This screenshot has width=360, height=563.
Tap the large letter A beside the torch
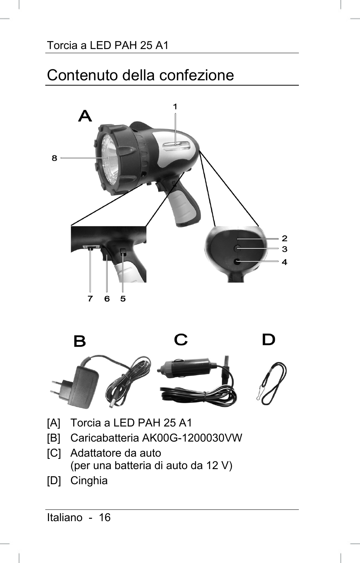(x=85, y=116)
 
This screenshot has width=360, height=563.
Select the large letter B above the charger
(x=80, y=341)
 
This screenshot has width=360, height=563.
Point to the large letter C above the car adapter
(x=181, y=340)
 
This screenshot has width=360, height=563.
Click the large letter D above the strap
(x=268, y=340)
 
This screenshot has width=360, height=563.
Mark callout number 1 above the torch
(x=175, y=107)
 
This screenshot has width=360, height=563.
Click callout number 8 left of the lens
(x=54, y=158)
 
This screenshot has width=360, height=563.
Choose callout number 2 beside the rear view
(x=285, y=238)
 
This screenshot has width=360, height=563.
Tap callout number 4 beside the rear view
(x=285, y=262)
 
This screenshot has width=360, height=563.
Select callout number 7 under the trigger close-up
(x=90, y=299)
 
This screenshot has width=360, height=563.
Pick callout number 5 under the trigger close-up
(x=123, y=299)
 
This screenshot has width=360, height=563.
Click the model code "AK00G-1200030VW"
(x=192, y=438)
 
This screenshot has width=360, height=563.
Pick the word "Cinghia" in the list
(x=89, y=480)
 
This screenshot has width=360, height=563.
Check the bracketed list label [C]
(x=54, y=453)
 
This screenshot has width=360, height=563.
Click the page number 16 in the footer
(x=105, y=517)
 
